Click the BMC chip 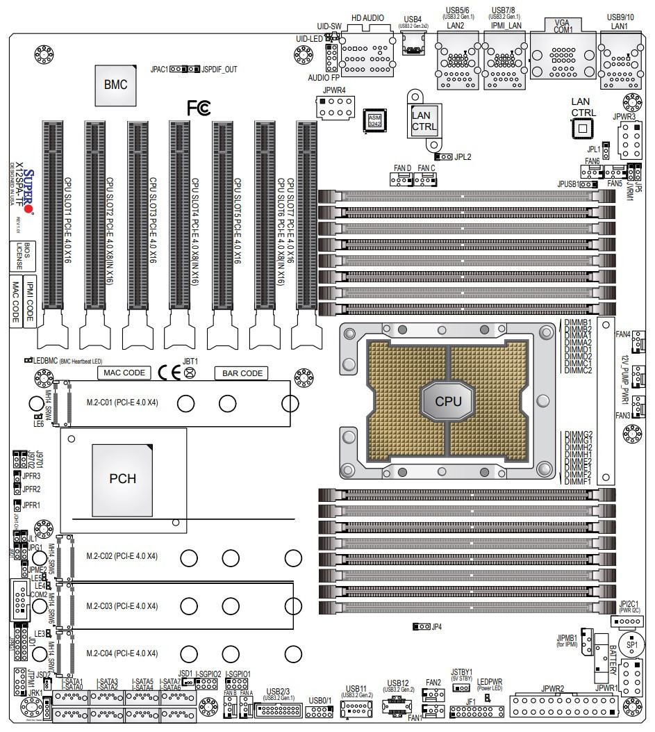coord(115,85)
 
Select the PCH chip coord(123,478)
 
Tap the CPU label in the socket coord(447,400)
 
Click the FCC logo coord(198,108)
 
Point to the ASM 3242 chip coord(375,121)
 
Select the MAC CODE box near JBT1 coord(124,373)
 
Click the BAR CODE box coord(242,373)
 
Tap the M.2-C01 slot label coord(122,402)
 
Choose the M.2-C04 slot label coord(122,653)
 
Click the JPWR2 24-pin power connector coord(563,706)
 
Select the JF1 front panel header coord(476,712)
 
